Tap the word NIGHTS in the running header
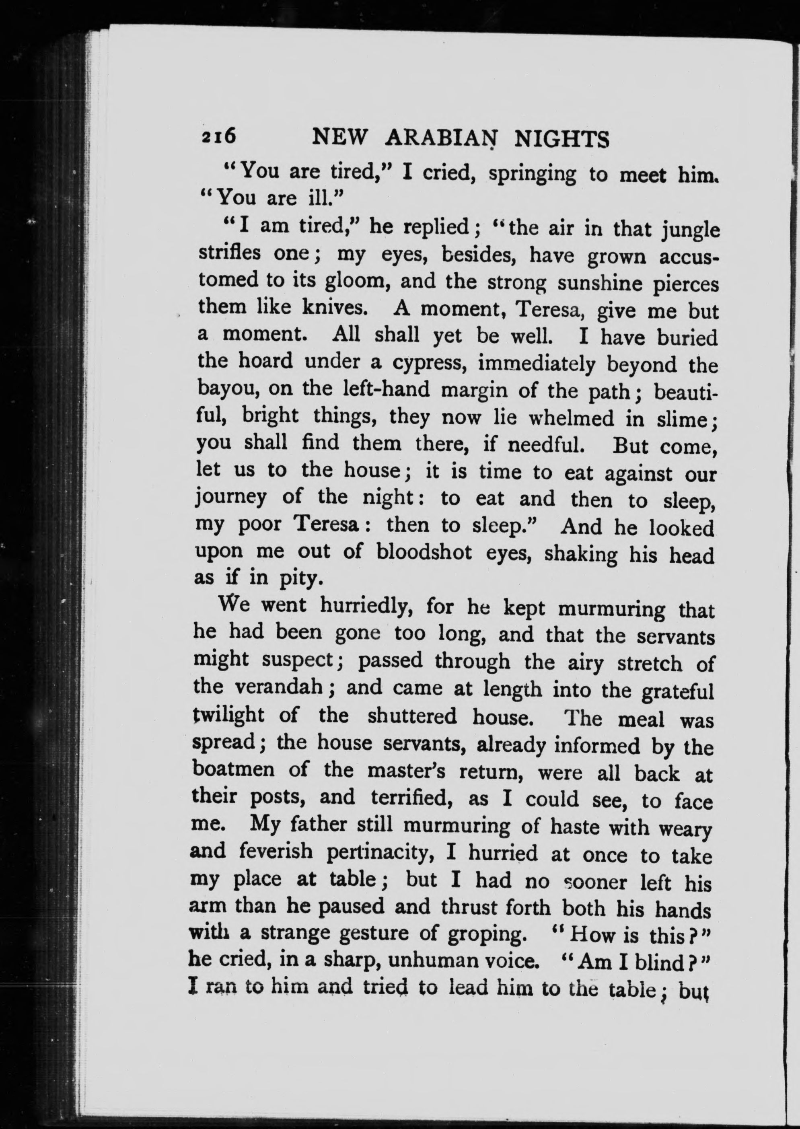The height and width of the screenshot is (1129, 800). [x=561, y=140]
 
